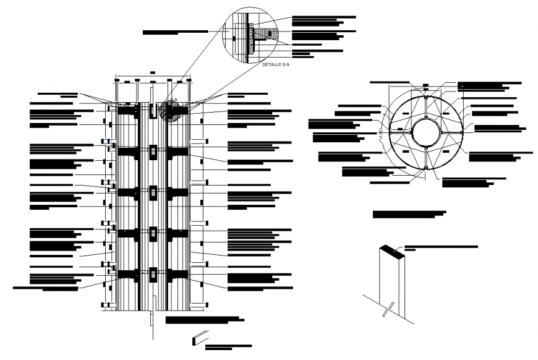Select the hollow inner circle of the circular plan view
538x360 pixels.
tap(426, 132)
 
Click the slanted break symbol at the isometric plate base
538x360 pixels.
tap(388, 307)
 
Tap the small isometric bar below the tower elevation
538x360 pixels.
tap(200, 338)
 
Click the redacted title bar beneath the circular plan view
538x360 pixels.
tap(409, 214)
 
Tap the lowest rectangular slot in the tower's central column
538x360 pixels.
tap(152, 273)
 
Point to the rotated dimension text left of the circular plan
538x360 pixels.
tap(380, 134)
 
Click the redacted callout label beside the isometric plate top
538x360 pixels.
tap(440, 247)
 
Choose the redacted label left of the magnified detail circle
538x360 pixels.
tap(175, 31)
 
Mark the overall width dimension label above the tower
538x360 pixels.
tap(152, 72)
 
